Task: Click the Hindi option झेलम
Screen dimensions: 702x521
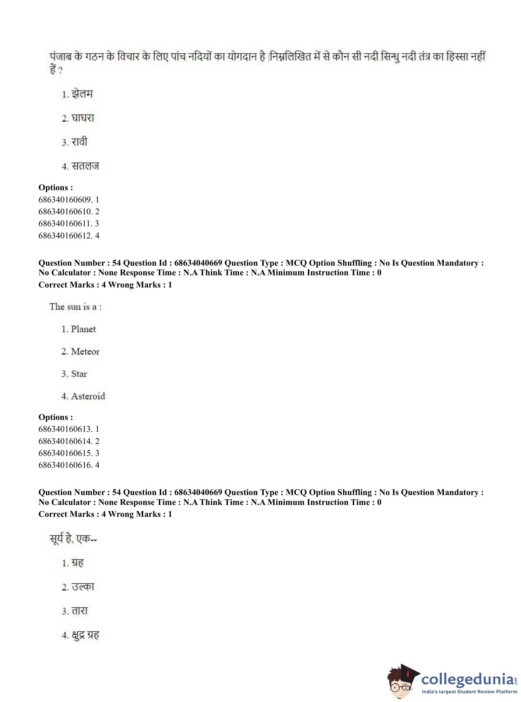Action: [82, 94]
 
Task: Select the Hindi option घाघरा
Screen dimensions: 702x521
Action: [83, 118]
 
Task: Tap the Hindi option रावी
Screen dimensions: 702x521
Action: [79, 142]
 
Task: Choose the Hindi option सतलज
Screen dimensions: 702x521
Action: [85, 166]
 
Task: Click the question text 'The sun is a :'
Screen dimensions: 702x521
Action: [76, 306]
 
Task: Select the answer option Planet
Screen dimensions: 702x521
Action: [83, 329]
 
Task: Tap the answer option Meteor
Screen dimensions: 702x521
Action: [85, 351]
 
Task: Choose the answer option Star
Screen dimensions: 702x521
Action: [79, 374]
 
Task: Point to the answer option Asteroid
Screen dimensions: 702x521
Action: [88, 396]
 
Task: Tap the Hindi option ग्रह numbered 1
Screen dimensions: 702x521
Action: [77, 563]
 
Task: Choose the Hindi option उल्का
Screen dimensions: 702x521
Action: [83, 587]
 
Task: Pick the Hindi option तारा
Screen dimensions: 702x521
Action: [79, 611]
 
